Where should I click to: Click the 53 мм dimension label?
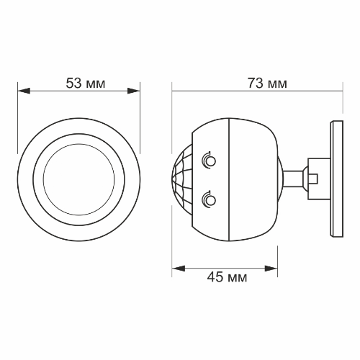pos(86,84)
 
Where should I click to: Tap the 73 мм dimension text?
pos(267,84)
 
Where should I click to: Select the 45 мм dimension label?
pos(227,277)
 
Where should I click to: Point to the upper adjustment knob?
pos(209,161)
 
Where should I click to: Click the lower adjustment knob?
pos(209,199)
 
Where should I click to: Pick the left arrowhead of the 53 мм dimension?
pos(24,91)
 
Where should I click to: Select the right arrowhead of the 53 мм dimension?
pos(133,91)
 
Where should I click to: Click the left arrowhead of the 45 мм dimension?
pos(179,269)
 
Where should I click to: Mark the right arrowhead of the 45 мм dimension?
pos(271,269)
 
